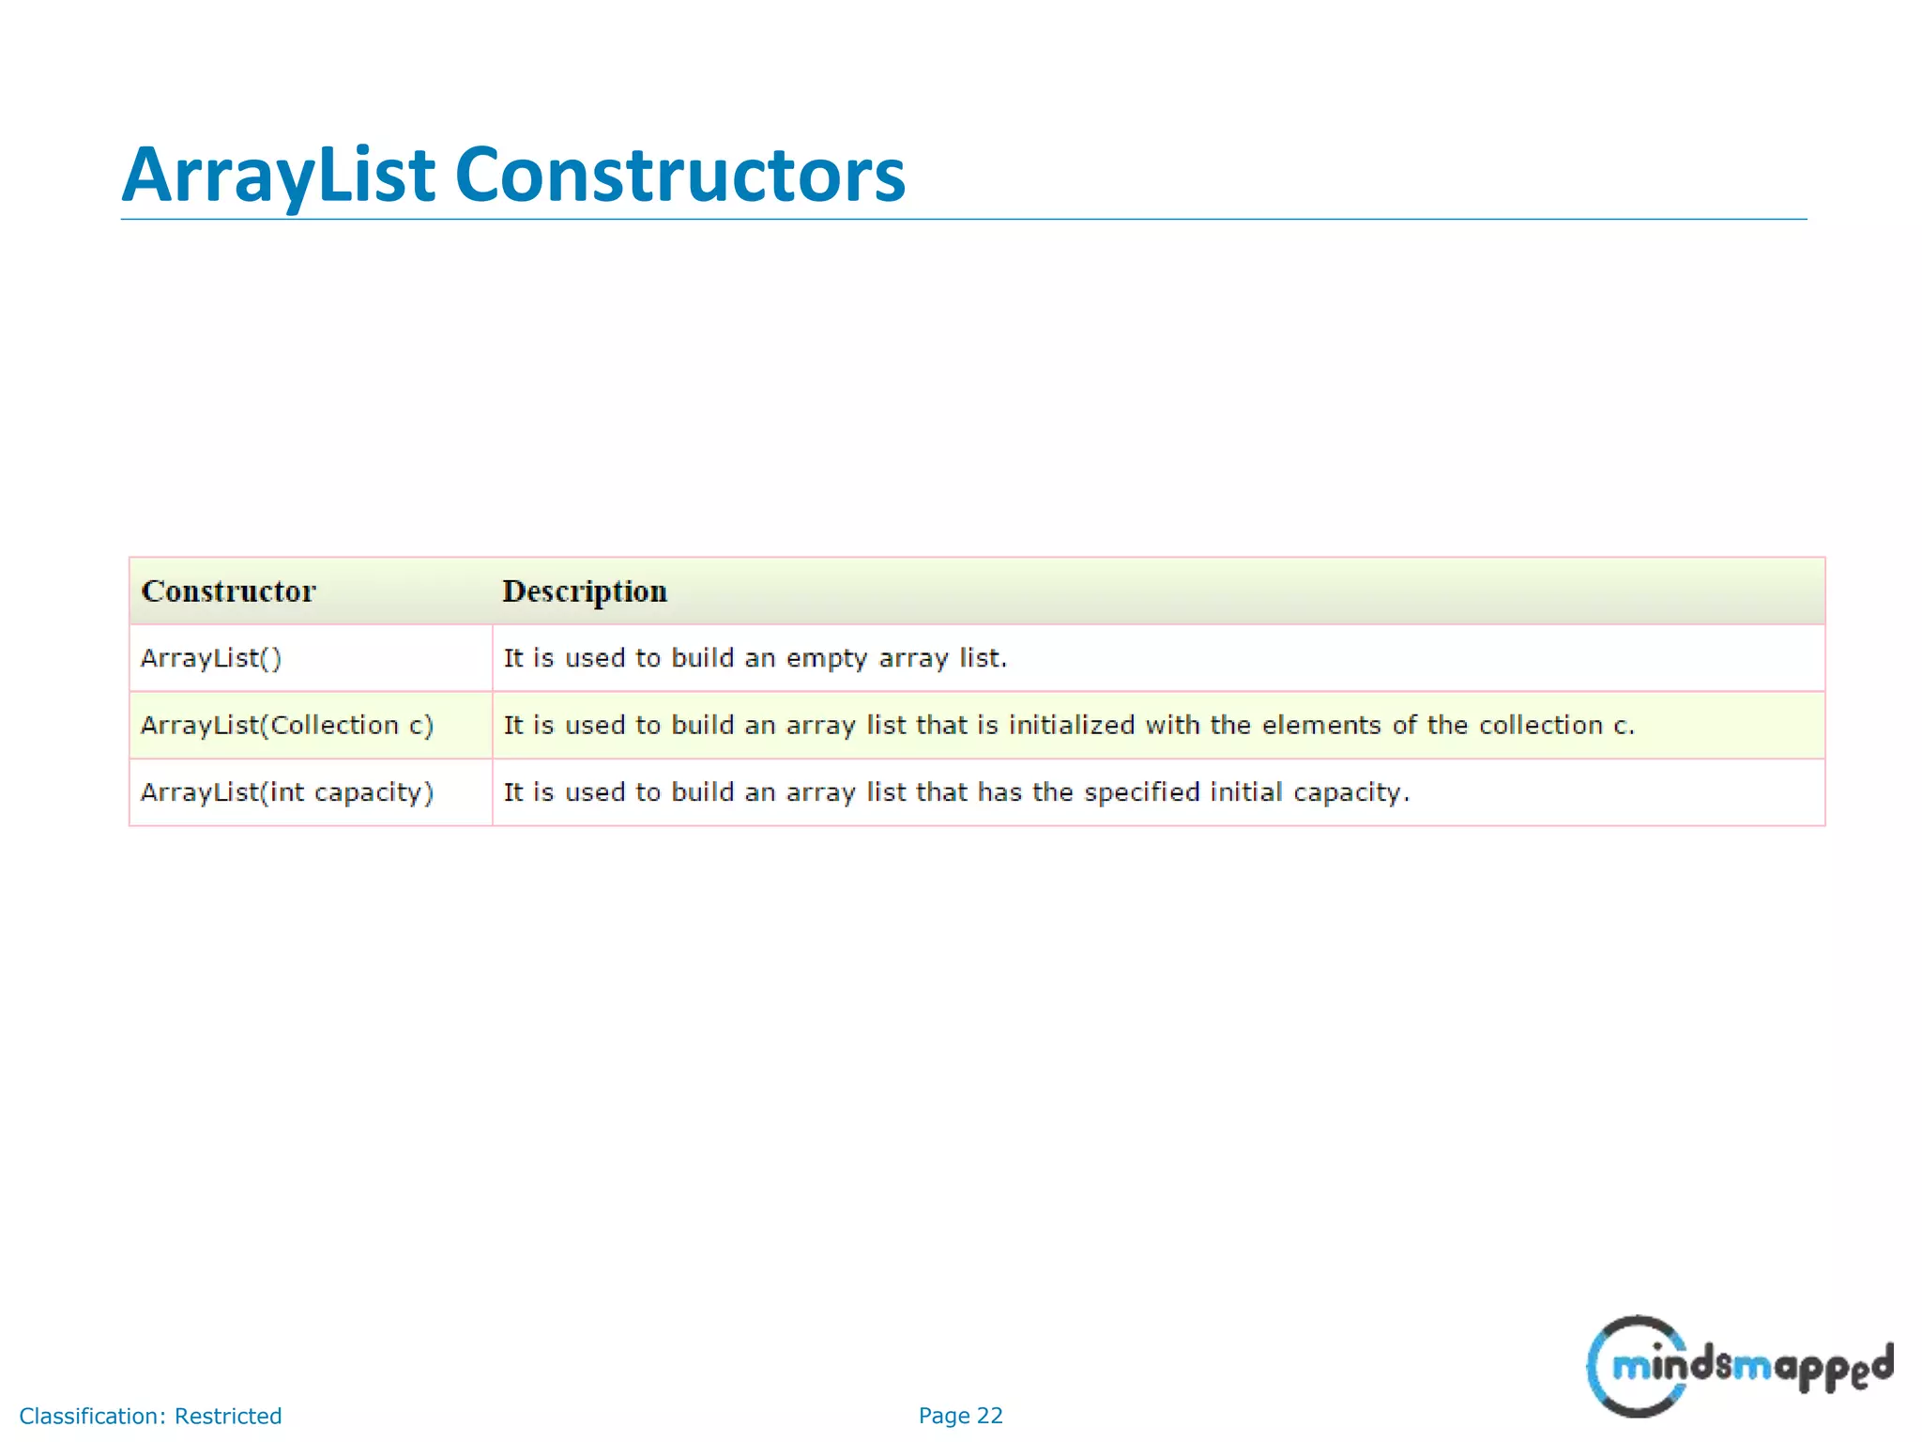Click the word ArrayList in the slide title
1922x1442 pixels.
(x=278, y=176)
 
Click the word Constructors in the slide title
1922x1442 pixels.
(x=679, y=176)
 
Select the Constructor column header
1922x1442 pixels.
(x=228, y=591)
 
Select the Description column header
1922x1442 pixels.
(x=585, y=591)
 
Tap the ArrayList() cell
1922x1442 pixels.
(x=211, y=658)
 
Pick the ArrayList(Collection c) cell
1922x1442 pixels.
(x=287, y=726)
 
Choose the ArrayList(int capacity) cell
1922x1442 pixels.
(x=287, y=792)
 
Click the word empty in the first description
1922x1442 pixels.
(x=826, y=659)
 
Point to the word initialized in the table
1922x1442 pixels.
(x=1071, y=726)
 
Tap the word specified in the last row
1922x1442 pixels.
(x=1141, y=792)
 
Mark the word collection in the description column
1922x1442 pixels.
(x=1540, y=726)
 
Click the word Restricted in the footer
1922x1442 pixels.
(x=228, y=1416)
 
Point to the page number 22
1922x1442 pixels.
(x=989, y=1416)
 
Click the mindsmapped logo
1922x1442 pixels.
(x=1739, y=1366)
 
